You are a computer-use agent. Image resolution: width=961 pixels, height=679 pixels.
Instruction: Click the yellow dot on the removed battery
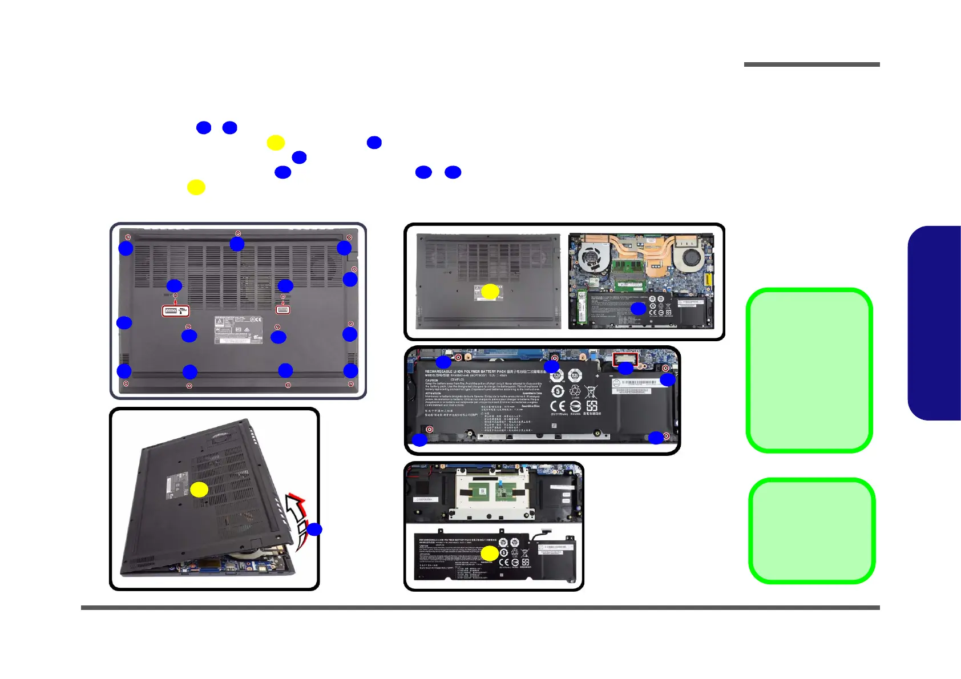(489, 553)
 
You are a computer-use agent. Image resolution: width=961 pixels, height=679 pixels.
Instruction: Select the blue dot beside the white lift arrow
(314, 529)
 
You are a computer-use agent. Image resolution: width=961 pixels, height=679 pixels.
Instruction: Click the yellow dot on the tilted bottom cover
(199, 490)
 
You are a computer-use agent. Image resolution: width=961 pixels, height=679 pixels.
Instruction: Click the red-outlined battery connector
(625, 359)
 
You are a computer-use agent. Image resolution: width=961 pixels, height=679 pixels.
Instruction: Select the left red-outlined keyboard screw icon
(176, 310)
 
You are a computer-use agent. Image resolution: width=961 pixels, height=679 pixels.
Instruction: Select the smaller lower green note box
(811, 531)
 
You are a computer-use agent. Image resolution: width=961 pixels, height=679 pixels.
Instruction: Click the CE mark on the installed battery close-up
(558, 406)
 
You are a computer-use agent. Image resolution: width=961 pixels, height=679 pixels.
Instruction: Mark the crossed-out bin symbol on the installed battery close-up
(591, 391)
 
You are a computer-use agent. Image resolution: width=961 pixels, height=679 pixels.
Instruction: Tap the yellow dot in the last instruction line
(196, 187)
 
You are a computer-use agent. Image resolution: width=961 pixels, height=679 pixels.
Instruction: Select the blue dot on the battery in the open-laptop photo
(638, 309)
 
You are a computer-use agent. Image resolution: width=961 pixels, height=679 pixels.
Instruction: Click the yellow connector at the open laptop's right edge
(708, 279)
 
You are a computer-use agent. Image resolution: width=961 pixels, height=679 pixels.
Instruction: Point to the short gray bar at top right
(811, 64)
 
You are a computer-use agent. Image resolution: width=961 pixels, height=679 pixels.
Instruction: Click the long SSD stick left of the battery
(581, 308)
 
